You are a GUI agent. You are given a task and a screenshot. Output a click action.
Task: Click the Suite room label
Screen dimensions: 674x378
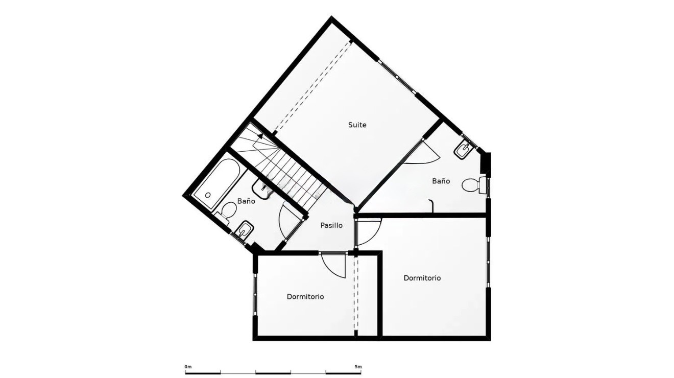click(x=357, y=125)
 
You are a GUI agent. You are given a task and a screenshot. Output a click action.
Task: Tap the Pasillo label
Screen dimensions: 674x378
click(x=331, y=225)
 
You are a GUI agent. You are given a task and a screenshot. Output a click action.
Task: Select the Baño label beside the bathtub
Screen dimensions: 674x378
click(x=246, y=201)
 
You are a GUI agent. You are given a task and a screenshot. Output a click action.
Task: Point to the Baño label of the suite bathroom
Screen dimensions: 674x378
click(x=441, y=181)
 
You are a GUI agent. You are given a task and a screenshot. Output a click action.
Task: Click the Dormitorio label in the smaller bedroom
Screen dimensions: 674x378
click(x=305, y=297)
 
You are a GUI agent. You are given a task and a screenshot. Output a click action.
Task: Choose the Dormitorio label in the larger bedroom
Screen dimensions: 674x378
click(x=422, y=278)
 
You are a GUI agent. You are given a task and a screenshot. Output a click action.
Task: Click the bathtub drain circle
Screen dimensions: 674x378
click(x=208, y=195)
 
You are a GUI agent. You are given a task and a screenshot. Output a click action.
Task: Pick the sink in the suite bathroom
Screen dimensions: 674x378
click(x=465, y=150)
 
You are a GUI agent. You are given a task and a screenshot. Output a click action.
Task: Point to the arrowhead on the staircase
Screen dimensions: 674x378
click(x=260, y=136)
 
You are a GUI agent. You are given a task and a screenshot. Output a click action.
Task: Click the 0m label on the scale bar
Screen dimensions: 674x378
click(x=188, y=367)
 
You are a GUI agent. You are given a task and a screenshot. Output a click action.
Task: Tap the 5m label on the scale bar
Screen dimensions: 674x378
click(x=358, y=367)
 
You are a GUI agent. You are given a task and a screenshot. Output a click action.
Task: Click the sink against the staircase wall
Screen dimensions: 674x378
click(x=261, y=189)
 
